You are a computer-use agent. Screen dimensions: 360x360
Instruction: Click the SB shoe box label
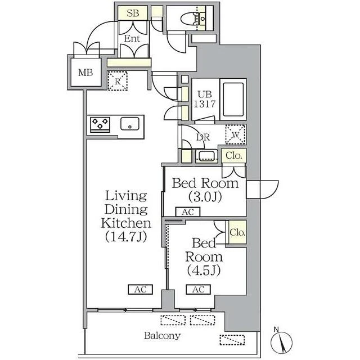coord(133,13)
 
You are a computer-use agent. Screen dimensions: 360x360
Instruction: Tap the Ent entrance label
coord(132,38)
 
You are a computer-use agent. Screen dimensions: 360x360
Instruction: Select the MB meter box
coord(85,73)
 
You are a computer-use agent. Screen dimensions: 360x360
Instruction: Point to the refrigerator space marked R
coord(118,81)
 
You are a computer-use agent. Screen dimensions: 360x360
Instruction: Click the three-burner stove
coord(100,125)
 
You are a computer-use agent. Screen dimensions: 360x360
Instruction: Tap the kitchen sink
coord(130,124)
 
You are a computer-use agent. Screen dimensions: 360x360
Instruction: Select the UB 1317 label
coord(205,99)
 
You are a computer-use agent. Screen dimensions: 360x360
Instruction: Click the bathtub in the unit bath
coord(233,99)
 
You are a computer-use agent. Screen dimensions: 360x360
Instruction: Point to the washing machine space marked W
coord(236,134)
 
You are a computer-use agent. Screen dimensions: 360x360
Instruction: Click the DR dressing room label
coord(203,137)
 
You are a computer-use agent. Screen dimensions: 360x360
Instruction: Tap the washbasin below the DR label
coord(206,156)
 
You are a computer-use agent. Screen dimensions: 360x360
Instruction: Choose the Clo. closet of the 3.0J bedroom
coord(234,155)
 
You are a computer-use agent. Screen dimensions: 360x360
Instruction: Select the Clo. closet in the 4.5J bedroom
coord(236,232)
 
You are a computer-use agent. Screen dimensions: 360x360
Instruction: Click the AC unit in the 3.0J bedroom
coord(188,212)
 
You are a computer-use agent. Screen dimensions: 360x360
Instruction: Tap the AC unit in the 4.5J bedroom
coord(199,290)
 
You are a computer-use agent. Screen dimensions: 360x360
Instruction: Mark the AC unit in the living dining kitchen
coord(140,290)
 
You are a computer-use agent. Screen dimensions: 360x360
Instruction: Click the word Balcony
coord(163,336)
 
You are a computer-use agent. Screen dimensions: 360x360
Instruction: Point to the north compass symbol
coord(281,341)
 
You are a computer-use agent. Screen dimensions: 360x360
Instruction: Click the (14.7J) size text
coord(126,237)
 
